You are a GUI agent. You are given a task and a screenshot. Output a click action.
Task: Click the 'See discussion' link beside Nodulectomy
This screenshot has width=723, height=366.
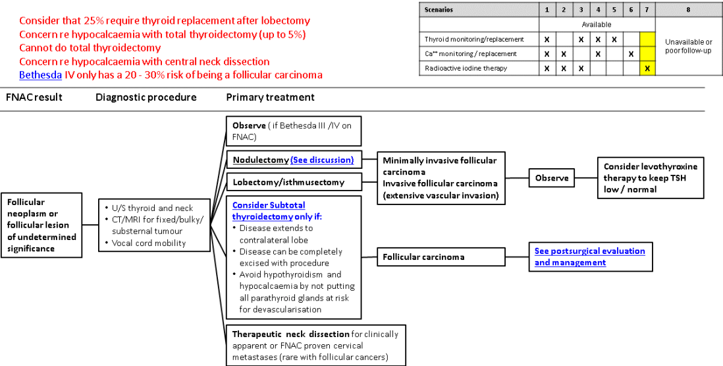pyautogui.click(x=322, y=160)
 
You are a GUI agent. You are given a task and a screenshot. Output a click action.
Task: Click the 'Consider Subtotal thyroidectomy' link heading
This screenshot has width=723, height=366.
pyautogui.click(x=269, y=210)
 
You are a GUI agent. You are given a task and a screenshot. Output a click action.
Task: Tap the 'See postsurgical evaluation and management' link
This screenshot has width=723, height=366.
pyautogui.click(x=589, y=257)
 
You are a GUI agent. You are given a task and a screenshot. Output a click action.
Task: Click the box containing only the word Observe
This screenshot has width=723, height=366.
pyautogui.click(x=551, y=178)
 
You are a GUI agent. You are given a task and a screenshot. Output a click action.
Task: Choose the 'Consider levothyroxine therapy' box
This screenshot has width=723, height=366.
pyautogui.click(x=650, y=177)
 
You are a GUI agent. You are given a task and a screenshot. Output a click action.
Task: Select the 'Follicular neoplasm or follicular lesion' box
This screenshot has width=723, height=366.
pyautogui.click(x=41, y=224)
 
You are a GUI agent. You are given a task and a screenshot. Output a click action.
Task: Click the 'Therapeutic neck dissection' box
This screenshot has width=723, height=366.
pyautogui.click(x=315, y=345)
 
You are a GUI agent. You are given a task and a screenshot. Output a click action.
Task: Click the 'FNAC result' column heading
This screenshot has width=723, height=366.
pyautogui.click(x=34, y=97)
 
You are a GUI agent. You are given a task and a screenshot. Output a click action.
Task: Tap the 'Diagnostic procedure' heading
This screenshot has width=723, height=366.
pyautogui.click(x=146, y=97)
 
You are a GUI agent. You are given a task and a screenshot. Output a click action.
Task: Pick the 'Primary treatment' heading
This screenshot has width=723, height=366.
pyautogui.click(x=270, y=97)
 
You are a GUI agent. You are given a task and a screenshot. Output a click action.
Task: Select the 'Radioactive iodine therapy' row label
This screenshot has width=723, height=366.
pyautogui.click(x=466, y=68)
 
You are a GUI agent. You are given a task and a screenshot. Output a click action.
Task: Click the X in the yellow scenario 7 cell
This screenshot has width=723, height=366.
pyautogui.click(x=647, y=68)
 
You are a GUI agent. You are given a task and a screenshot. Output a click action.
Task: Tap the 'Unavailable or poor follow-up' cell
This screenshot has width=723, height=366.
pyautogui.click(x=688, y=46)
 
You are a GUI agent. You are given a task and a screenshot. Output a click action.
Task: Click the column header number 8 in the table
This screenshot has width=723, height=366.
pyautogui.click(x=688, y=10)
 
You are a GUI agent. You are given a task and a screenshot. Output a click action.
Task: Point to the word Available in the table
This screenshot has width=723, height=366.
pyautogui.click(x=597, y=24)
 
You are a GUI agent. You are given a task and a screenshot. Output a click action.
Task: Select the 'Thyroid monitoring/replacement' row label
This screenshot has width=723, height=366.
pyautogui.click(x=474, y=40)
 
